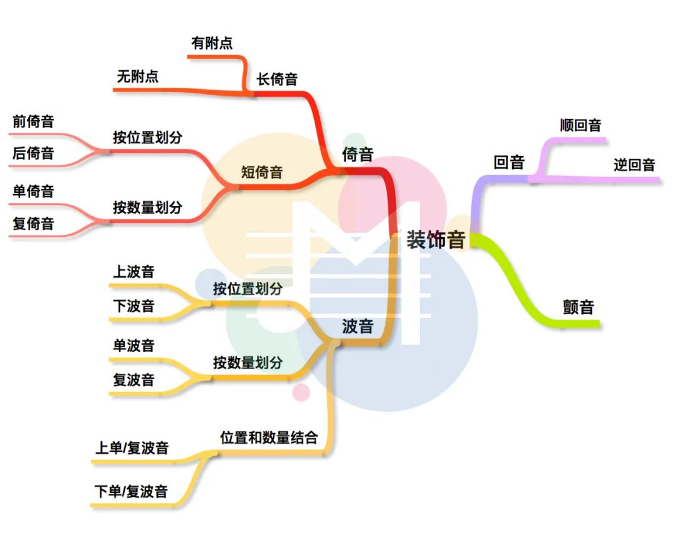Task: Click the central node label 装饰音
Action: (x=436, y=239)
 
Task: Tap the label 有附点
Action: (x=212, y=43)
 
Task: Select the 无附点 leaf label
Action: (x=138, y=76)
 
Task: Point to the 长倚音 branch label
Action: (x=277, y=79)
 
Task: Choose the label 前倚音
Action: (x=33, y=122)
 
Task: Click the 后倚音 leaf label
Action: (x=33, y=153)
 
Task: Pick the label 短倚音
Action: (x=261, y=172)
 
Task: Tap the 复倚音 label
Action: (x=33, y=224)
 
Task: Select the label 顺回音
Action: (x=580, y=125)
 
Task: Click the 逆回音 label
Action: (x=634, y=164)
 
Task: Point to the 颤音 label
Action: (x=579, y=307)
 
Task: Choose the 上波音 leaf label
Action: (x=134, y=271)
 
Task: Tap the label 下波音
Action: (x=134, y=306)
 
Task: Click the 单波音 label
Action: (x=134, y=345)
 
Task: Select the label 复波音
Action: (x=134, y=380)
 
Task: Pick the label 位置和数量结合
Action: (x=269, y=437)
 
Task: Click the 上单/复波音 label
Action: (x=132, y=447)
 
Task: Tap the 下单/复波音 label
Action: (x=131, y=491)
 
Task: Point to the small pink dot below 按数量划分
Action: (x=302, y=392)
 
